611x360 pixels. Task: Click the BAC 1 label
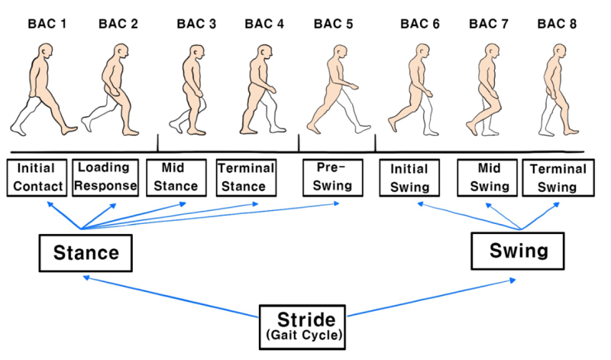47,24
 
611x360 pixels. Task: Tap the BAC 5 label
333,24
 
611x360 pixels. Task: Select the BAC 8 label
557,24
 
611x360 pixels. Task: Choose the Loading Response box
105,177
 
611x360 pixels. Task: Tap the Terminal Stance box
246,177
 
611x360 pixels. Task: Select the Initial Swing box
411,177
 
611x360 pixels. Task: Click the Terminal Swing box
558,177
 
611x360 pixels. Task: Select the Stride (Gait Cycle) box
302,324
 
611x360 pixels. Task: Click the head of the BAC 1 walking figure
46,54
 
